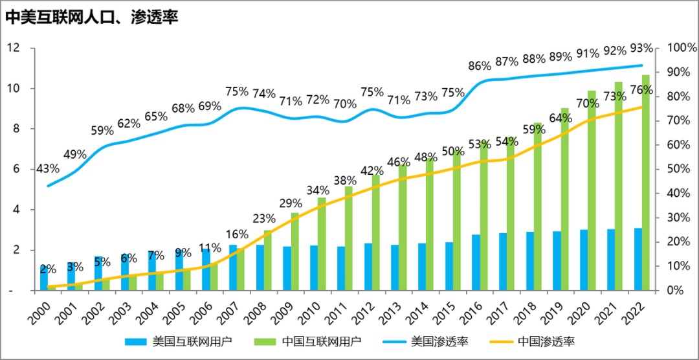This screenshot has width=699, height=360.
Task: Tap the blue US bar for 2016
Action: click(x=476, y=262)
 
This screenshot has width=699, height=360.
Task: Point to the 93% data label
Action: click(x=641, y=48)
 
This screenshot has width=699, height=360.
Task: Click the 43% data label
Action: click(x=47, y=168)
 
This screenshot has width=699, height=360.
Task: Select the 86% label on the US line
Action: click(x=480, y=65)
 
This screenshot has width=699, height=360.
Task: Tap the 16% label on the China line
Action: click(x=238, y=234)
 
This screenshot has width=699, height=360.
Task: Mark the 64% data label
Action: click(x=560, y=118)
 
